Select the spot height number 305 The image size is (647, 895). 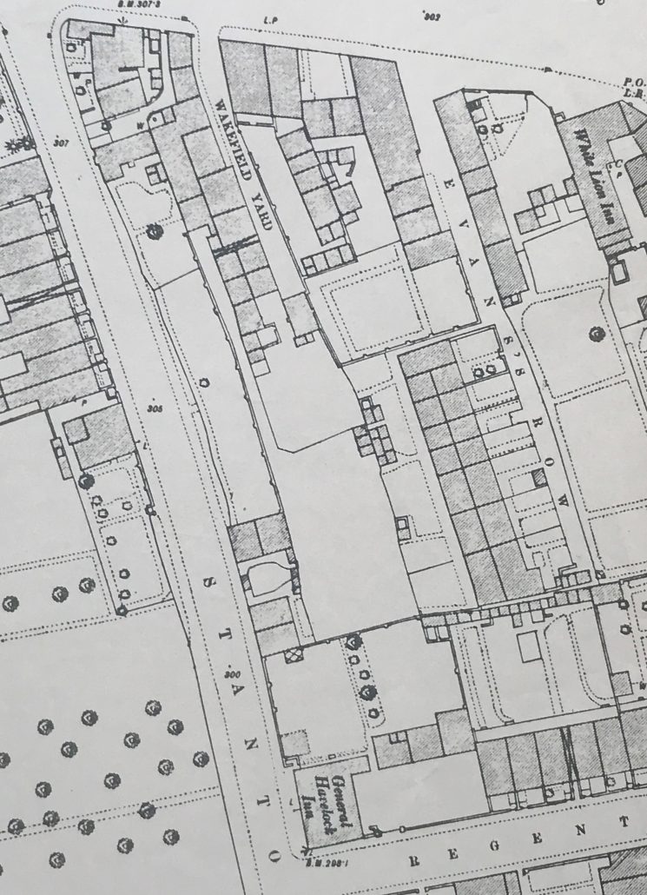click(155, 407)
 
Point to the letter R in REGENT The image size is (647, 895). click(412, 861)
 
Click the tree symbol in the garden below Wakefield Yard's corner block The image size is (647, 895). click(155, 230)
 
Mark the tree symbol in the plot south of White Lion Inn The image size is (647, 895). click(596, 330)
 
